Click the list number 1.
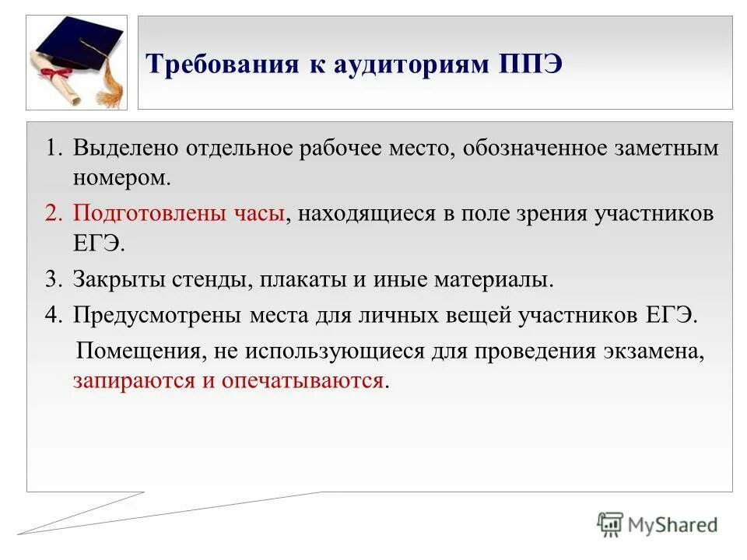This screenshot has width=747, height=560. [x=51, y=149]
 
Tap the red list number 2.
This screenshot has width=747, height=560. [x=51, y=214]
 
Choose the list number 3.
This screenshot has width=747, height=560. [x=51, y=279]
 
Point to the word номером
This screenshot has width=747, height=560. [x=121, y=177]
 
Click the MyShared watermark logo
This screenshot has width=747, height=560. [x=658, y=525]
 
